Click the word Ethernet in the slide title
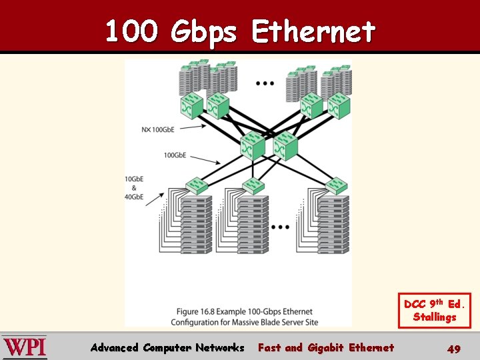click(x=313, y=31)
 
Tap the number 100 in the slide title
click(x=131, y=31)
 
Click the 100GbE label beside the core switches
click(x=175, y=155)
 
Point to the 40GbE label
click(x=133, y=197)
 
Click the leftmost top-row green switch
click(x=191, y=105)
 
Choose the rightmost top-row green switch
click(x=337, y=105)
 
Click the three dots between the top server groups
click(x=265, y=83)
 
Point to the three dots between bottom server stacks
click(x=280, y=227)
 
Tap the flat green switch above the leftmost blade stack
click(x=197, y=183)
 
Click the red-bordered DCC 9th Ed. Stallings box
click(x=435, y=311)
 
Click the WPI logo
click(x=24, y=347)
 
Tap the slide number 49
click(x=454, y=349)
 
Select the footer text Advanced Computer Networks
click(x=167, y=347)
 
